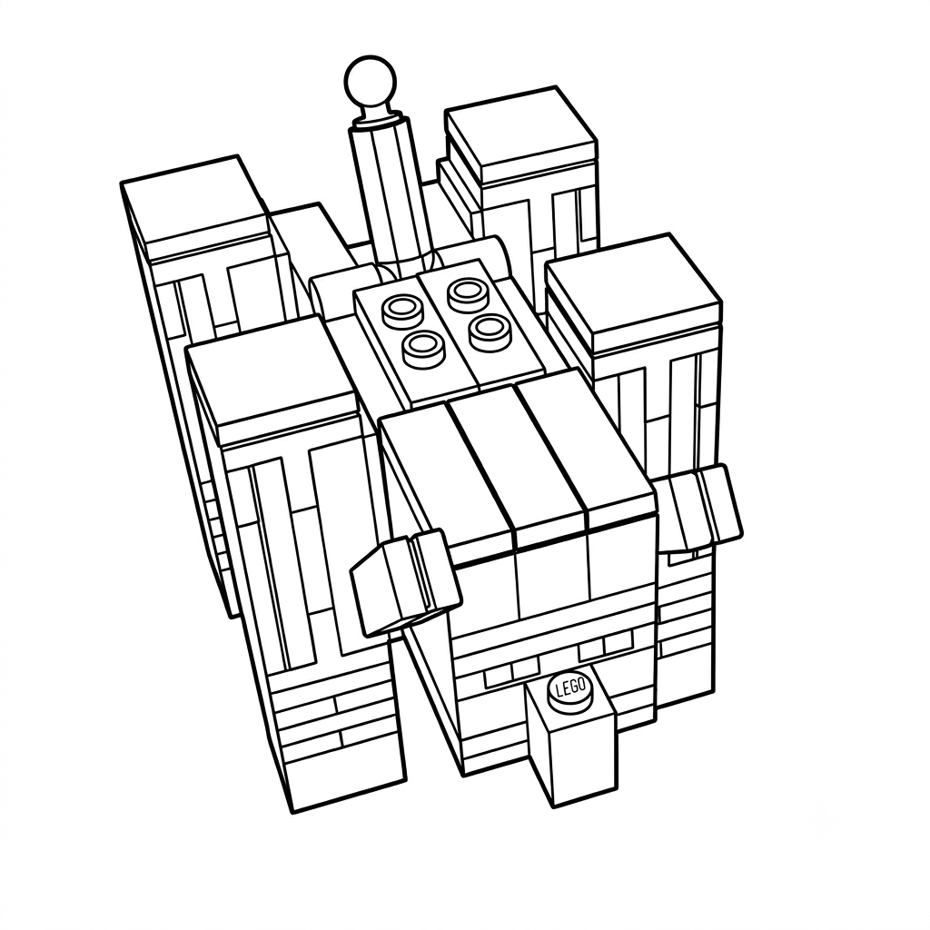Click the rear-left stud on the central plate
400,312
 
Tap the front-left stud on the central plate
423,347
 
